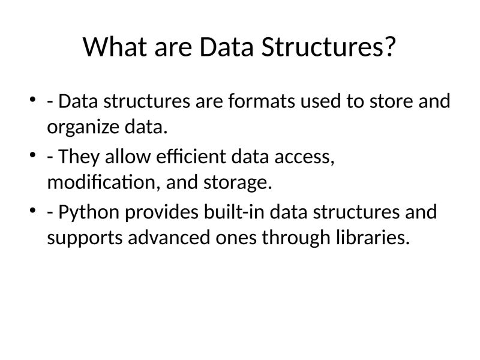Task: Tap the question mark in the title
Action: (389, 47)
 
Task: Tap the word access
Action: (302, 157)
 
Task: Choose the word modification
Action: (101, 183)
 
